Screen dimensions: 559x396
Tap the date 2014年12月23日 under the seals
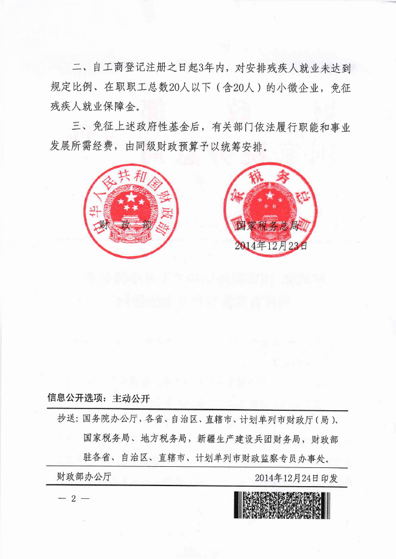tap(270, 245)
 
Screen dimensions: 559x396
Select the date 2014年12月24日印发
tap(297, 477)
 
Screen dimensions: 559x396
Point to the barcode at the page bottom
tap(282, 505)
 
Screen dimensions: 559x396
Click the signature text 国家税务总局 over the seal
tap(267, 225)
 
